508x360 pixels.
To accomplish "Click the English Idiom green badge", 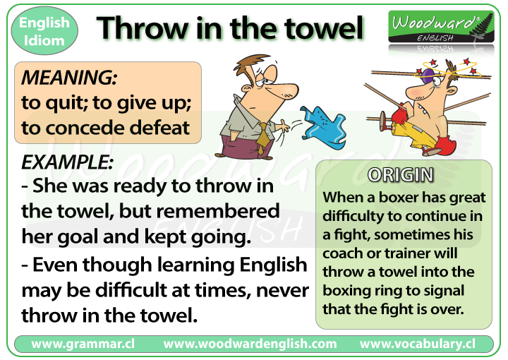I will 44,30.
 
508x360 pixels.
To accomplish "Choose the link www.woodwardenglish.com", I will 250,344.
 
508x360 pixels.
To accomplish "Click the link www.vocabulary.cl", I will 416,344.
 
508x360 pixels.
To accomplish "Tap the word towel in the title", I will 327,28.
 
